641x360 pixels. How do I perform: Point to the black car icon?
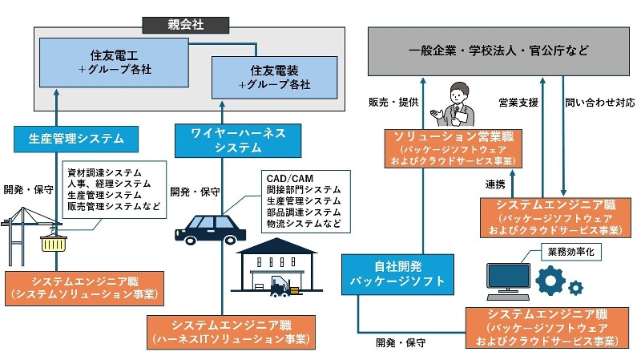pos(208,228)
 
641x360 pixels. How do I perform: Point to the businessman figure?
pos(452,105)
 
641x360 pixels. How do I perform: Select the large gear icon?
pos(550,281)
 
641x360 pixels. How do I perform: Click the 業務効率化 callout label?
pos(572,252)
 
